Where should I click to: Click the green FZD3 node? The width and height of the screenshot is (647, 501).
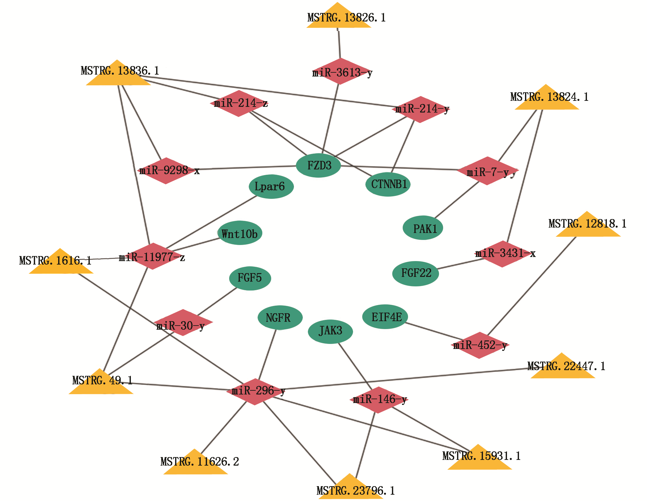(x=318, y=165)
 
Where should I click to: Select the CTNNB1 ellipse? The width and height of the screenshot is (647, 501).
(x=388, y=184)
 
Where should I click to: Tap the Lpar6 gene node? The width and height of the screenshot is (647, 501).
(x=271, y=186)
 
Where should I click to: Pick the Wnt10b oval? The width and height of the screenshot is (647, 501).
(x=240, y=233)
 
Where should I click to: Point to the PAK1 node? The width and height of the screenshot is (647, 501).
(x=423, y=228)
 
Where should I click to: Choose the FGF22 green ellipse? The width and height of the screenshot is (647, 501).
(x=415, y=273)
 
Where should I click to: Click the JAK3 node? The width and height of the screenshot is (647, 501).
(x=330, y=332)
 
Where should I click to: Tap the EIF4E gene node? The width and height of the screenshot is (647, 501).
(x=385, y=317)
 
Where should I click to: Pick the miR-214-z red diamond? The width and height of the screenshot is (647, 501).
(x=239, y=103)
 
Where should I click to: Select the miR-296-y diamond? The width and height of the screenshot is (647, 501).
(x=255, y=392)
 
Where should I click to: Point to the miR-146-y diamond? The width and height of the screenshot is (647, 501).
(x=379, y=400)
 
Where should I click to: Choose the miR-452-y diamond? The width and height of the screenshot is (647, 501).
(x=480, y=345)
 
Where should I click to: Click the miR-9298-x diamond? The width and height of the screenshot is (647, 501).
(x=166, y=171)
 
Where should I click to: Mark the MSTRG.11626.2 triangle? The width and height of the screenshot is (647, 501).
(x=195, y=464)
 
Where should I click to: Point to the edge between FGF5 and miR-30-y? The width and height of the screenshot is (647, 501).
(x=217, y=301)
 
